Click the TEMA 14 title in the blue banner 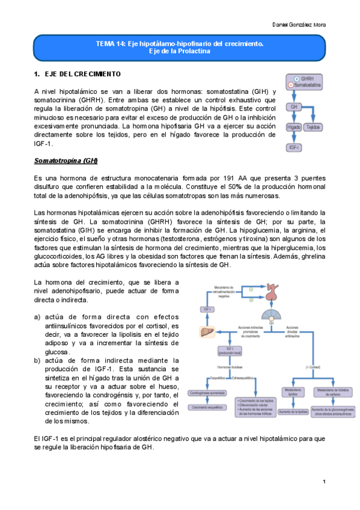click(179, 45)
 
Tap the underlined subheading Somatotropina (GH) click(66, 162)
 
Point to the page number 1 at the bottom click(323, 482)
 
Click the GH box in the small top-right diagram click(294, 106)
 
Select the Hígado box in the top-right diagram click(294, 127)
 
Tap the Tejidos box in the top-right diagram click(313, 127)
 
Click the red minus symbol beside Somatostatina click(291, 85)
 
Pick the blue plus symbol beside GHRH click(296, 79)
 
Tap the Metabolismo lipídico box click(294, 393)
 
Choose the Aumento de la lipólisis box click(294, 411)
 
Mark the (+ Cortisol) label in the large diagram click(314, 366)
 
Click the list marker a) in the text click(37, 317)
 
